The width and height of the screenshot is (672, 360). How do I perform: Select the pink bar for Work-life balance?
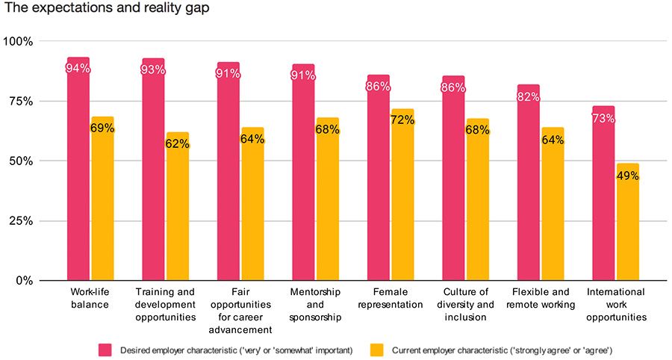78,172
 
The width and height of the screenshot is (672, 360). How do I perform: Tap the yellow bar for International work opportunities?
627,224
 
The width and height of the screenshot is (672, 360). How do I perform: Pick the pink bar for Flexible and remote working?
528,187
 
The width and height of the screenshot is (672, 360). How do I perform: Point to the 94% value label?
78,69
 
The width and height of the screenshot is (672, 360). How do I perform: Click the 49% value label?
627,176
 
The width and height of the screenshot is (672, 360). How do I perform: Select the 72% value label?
402,120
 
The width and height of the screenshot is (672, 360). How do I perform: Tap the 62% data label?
178,144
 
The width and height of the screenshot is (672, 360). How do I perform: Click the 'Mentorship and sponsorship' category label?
315,304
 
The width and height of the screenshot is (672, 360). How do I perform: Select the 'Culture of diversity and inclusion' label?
464,304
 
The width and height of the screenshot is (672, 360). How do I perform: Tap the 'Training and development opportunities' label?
165,304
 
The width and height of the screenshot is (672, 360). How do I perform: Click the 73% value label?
603,118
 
